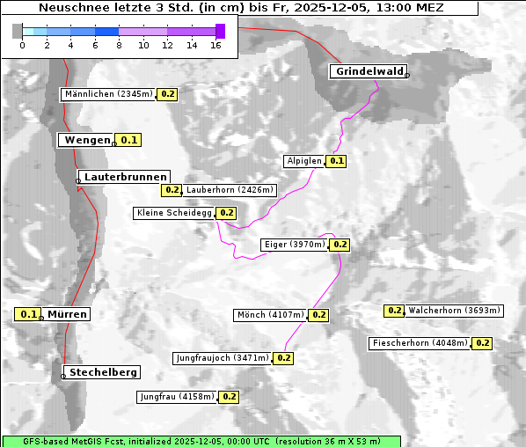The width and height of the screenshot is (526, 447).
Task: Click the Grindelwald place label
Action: point(369,71)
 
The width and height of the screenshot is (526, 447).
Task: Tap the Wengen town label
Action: point(85,140)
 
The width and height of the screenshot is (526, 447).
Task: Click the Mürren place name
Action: point(67,314)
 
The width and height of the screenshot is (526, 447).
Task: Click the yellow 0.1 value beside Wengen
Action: point(129,140)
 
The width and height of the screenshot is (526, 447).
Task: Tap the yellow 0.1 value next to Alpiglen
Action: point(337,161)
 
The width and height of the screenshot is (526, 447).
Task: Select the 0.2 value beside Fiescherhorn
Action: point(482,343)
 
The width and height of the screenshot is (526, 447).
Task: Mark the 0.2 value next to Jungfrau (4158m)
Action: point(229,397)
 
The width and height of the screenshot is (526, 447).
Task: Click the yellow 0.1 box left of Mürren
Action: point(29,314)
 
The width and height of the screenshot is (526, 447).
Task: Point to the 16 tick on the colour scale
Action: point(216,45)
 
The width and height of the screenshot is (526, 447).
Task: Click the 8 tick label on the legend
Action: point(119,45)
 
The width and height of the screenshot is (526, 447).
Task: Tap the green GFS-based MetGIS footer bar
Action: point(201,440)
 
